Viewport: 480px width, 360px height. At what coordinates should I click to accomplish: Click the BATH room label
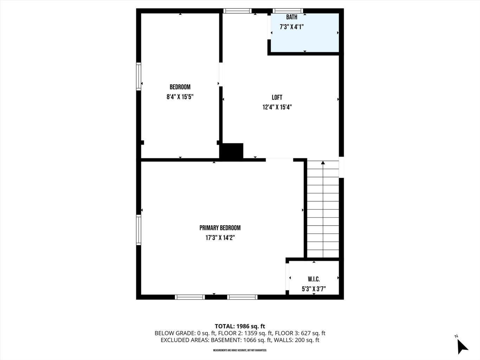292,17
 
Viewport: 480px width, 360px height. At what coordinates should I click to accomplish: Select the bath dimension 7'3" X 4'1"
292,26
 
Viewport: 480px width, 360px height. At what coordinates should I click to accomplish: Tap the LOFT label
277,97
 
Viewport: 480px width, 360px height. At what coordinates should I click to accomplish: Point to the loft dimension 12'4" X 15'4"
277,107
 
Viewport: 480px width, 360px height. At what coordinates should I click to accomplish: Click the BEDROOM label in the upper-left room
180,87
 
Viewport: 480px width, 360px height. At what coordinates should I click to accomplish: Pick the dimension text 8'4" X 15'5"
180,97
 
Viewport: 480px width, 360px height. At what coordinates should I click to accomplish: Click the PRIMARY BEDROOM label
220,228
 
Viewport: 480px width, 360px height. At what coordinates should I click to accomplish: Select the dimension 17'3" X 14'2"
220,238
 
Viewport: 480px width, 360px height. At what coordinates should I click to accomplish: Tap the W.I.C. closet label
314,279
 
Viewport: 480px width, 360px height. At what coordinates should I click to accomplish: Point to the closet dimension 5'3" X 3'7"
314,289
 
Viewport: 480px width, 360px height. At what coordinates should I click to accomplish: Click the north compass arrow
462,346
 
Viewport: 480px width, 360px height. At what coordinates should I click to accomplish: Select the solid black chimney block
232,151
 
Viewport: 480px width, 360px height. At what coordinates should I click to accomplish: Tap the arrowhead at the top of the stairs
323,163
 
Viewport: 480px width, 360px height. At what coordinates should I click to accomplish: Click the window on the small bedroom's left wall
139,77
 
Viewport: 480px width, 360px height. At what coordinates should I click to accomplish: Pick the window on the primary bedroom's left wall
139,230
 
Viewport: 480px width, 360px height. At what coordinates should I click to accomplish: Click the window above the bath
288,11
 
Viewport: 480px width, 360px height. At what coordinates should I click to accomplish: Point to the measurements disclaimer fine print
240,350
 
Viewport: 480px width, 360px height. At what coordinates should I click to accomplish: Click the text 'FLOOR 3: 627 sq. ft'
300,333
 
